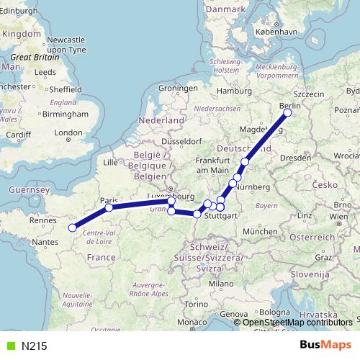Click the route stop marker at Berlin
point(287,113)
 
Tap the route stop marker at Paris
point(109,207)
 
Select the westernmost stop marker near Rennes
point(72,228)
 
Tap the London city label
point(69,132)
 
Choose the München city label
point(259,231)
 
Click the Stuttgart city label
point(220,215)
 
